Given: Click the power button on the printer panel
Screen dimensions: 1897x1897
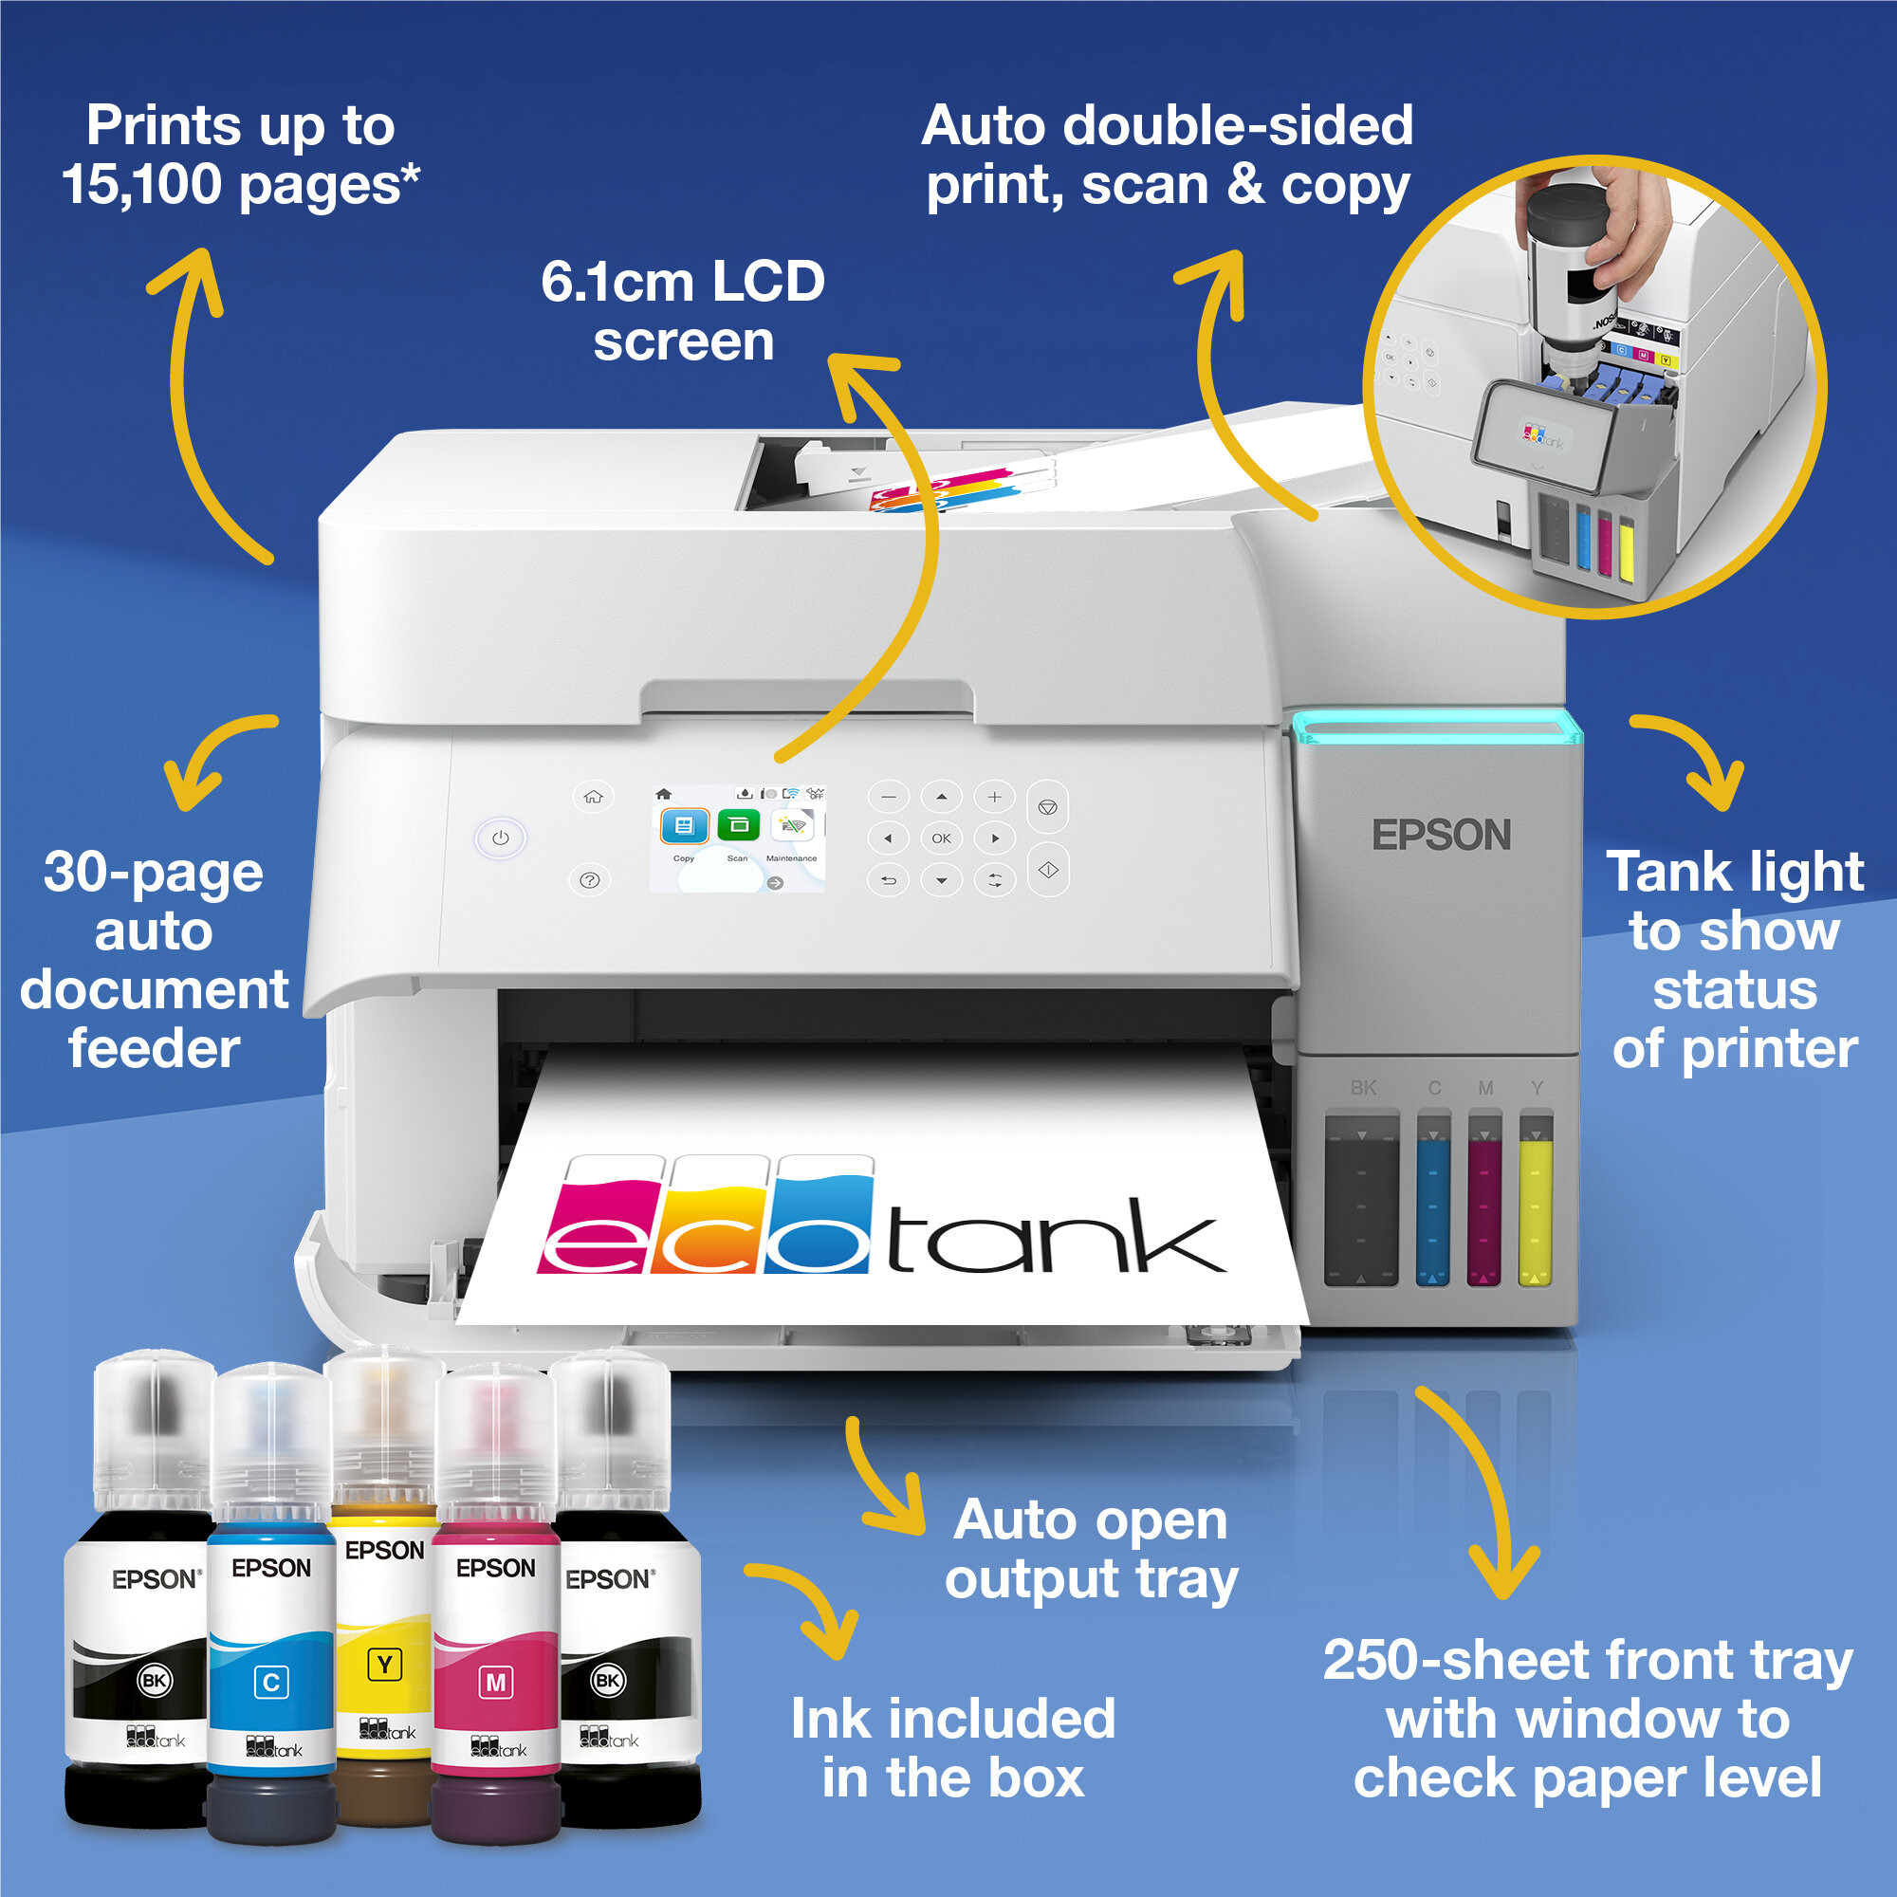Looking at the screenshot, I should pyautogui.click(x=501, y=838).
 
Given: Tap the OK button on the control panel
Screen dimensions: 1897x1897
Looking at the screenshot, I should pyautogui.click(x=941, y=838).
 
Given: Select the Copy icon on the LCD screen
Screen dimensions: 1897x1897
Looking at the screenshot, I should pyautogui.click(x=683, y=826).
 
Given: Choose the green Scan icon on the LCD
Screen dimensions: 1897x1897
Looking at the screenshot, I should pyautogui.click(x=738, y=825).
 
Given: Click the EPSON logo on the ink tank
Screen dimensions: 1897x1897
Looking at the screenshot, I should pyautogui.click(x=1441, y=836).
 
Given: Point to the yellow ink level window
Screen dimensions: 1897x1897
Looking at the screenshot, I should pyautogui.click(x=1535, y=1206).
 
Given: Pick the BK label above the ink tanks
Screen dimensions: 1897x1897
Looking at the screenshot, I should pyautogui.click(x=1363, y=1088).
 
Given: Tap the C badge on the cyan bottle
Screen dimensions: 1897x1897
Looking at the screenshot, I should pyautogui.click(x=271, y=1682).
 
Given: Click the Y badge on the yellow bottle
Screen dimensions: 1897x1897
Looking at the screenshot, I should pyautogui.click(x=384, y=1665).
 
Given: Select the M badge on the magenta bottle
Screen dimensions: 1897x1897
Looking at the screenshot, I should pyautogui.click(x=496, y=1683).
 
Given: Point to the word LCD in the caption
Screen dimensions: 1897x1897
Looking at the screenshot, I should pyautogui.click(x=768, y=283).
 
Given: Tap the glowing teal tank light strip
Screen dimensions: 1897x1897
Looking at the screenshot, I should pyautogui.click(x=1436, y=727).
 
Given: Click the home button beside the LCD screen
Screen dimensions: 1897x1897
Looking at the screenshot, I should pyautogui.click(x=593, y=797).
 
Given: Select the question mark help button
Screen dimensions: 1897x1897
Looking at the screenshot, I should pyautogui.click(x=590, y=880).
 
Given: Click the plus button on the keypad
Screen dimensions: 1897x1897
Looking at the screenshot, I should pyautogui.click(x=994, y=797).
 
